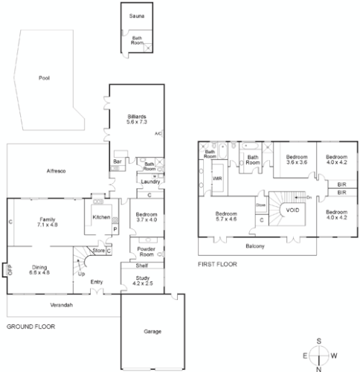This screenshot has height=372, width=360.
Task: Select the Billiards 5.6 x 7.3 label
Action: (136, 119)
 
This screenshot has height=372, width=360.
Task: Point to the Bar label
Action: (117, 161)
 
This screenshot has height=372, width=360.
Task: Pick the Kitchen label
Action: (101, 217)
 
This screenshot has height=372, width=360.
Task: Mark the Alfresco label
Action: (55, 172)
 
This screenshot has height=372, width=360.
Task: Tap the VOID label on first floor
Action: (293, 211)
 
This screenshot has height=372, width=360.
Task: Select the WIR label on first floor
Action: (218, 179)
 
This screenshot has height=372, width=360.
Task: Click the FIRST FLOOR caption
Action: (217, 264)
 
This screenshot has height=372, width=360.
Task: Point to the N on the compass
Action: (319, 367)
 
